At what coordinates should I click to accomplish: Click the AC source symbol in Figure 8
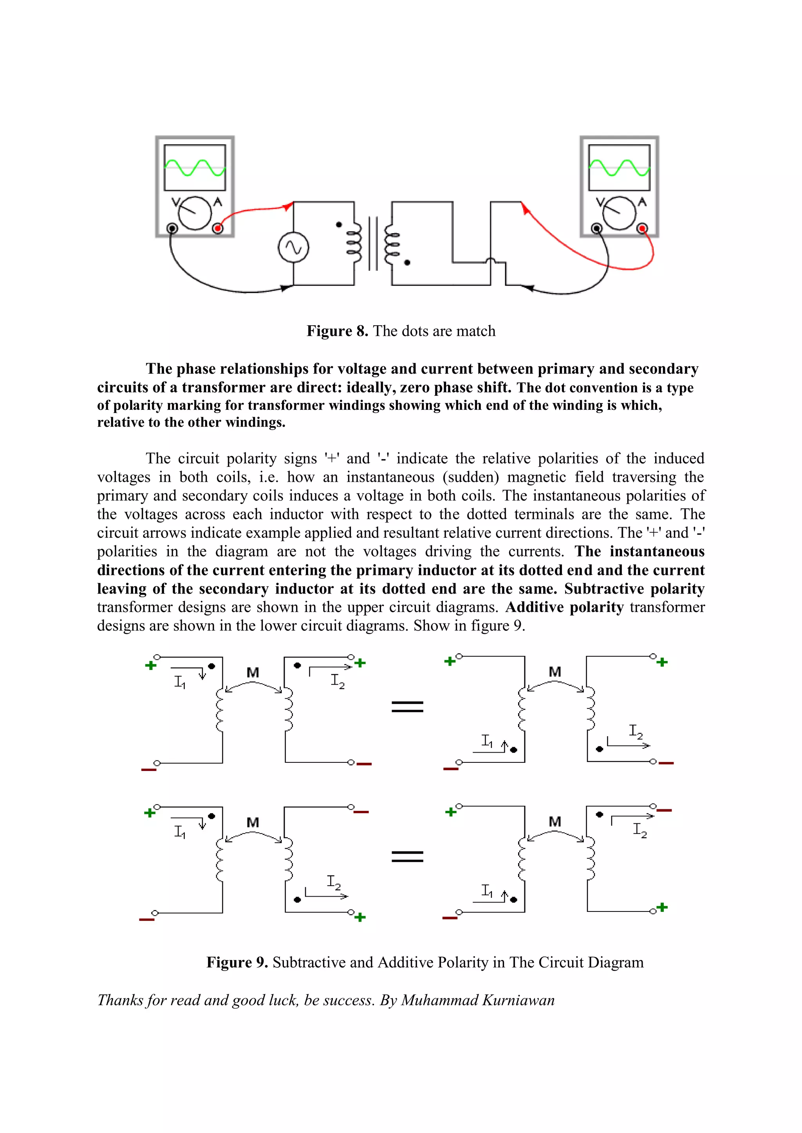point(293,247)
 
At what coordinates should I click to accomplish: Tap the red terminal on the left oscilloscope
point(217,229)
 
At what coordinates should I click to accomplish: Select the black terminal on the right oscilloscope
point(596,229)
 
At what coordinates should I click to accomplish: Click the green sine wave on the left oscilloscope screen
point(195,168)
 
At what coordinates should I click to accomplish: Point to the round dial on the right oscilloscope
point(619,213)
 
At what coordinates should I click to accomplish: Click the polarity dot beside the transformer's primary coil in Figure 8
point(339,225)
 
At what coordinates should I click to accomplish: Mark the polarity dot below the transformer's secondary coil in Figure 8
point(407,263)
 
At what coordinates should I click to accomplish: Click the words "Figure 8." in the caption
point(337,331)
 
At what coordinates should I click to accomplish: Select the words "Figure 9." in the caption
point(237,962)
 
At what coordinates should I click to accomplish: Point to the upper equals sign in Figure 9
point(407,707)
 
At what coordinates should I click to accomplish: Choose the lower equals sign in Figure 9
point(407,856)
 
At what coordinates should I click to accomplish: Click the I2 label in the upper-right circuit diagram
point(636,731)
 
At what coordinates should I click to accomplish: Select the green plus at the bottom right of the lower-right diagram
point(662,907)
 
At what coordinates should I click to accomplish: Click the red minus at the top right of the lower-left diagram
point(361,812)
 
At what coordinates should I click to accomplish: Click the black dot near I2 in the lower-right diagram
point(600,814)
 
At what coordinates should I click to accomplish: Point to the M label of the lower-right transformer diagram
point(555,821)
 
